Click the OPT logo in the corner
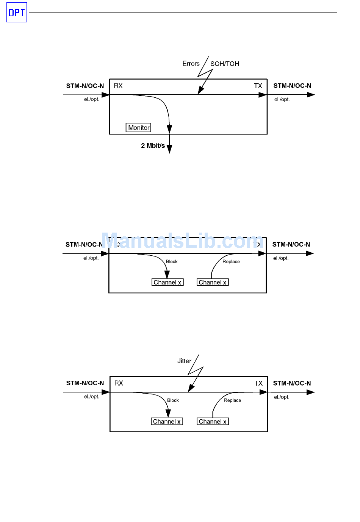17,13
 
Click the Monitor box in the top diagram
138,128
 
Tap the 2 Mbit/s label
153,145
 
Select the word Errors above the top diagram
191,64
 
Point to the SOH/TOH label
225,64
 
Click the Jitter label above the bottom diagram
184,361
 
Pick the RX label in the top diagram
118,86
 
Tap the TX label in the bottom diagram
258,383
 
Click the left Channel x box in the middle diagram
167,283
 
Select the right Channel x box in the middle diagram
213,283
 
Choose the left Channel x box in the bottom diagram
167,422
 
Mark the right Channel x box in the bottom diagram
213,422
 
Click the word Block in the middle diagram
172,262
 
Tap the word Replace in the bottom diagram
232,400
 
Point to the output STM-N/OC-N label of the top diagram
292,86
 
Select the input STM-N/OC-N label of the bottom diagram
85,383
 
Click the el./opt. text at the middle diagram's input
91,258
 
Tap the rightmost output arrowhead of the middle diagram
310,253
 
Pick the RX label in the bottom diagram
119,383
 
